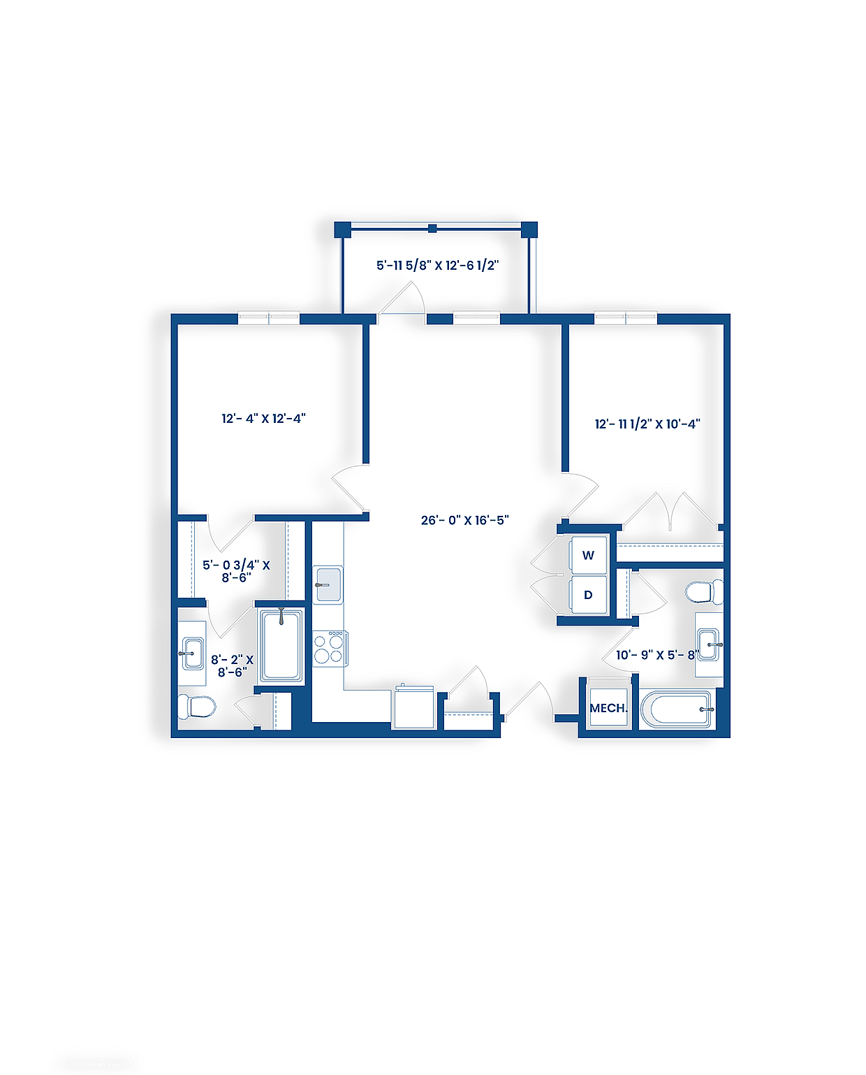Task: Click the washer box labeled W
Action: click(x=588, y=556)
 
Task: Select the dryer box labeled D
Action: click(x=588, y=596)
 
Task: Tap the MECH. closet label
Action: click(x=608, y=708)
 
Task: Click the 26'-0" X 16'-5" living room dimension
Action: click(x=464, y=520)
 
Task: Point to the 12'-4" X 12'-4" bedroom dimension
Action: click(x=263, y=419)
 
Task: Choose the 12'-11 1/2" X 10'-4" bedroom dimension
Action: click(x=647, y=424)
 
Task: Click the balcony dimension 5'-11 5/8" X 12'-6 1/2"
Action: click(x=437, y=266)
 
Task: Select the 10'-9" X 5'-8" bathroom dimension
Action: click(x=656, y=655)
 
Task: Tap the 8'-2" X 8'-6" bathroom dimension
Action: click(x=232, y=665)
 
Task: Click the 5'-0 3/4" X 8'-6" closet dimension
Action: click(x=236, y=571)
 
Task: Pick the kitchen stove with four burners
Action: click(x=329, y=648)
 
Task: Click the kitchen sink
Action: click(x=328, y=584)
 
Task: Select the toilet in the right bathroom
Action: click(x=703, y=592)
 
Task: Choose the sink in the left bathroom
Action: click(x=192, y=653)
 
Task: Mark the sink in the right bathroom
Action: click(x=708, y=644)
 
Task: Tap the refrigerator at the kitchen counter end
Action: click(x=414, y=707)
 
